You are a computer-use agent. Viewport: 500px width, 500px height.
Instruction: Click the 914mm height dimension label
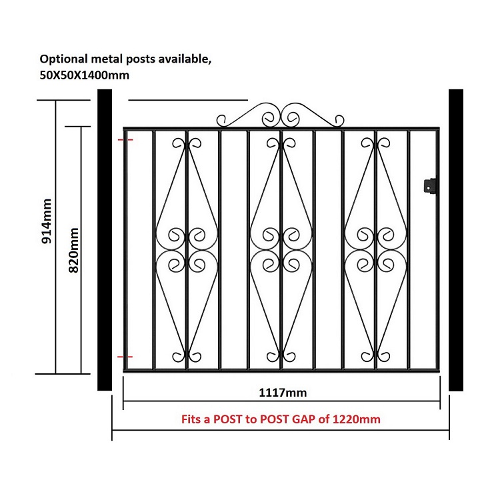pos(47,221)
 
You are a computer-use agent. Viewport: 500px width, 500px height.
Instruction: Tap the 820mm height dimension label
pos(73,250)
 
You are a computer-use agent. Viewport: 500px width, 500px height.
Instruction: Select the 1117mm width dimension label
pos(283,393)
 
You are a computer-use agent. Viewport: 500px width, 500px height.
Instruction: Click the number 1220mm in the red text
pos(357,419)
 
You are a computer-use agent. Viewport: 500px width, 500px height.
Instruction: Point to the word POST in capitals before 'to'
pos(228,419)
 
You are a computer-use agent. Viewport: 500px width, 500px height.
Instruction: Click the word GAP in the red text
pos(304,419)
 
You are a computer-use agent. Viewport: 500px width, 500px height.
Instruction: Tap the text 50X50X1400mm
pos(85,75)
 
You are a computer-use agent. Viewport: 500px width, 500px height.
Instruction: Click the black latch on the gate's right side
pos(430,185)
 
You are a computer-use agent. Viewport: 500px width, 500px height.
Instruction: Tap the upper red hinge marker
pos(125,140)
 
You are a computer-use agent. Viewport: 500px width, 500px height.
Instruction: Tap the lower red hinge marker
pos(125,357)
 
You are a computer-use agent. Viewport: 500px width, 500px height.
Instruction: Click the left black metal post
pos(105,240)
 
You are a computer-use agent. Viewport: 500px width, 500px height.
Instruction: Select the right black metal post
pos(456,240)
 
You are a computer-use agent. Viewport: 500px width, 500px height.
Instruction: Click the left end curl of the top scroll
pos(221,121)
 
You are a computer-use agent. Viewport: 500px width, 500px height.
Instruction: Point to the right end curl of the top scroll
pos(339,121)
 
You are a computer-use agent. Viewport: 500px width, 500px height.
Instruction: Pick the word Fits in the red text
pos(191,419)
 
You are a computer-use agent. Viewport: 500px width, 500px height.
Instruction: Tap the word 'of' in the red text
pos(324,419)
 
